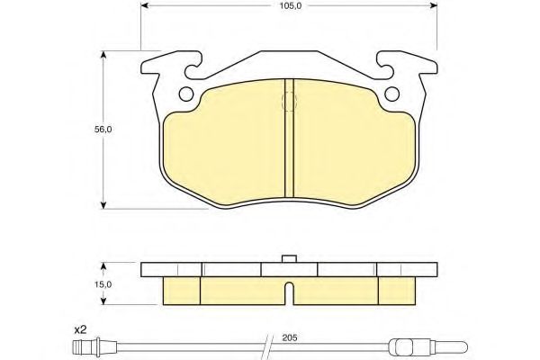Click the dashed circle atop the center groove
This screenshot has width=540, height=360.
[x=289, y=102]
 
